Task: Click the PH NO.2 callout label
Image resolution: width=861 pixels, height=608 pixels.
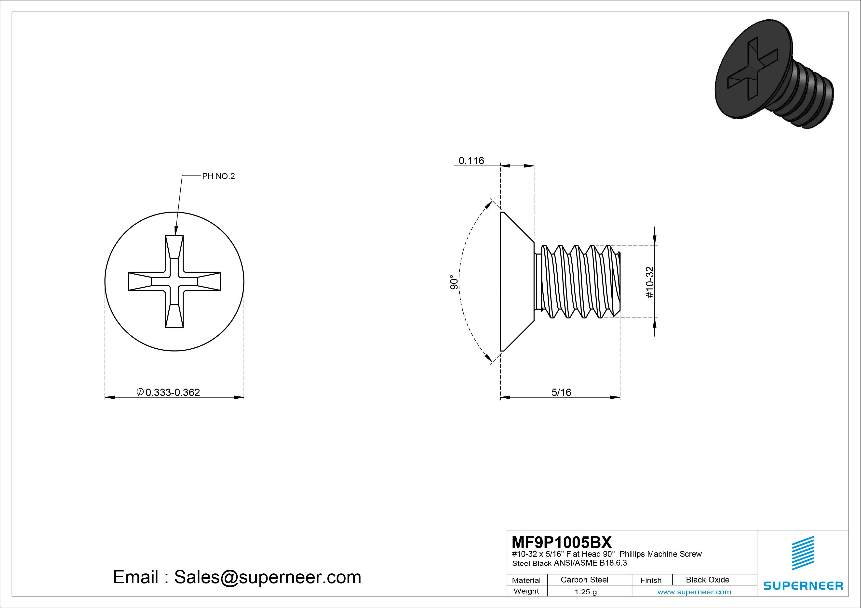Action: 218,176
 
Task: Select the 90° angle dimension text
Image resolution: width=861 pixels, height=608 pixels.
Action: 454,282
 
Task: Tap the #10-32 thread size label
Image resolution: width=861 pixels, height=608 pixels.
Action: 650,282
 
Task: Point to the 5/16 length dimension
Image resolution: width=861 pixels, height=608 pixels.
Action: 561,392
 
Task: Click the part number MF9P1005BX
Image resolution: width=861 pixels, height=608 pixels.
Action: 561,542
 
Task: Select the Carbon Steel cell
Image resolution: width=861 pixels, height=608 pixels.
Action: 584,580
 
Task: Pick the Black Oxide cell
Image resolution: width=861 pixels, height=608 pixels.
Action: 707,580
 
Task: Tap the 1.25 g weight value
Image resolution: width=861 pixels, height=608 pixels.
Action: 585,592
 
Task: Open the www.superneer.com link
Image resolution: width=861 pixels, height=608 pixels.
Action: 694,592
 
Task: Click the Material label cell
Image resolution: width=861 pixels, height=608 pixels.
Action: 526,580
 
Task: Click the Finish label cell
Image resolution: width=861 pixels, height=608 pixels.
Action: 651,580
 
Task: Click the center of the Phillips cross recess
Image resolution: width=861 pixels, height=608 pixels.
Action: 174,281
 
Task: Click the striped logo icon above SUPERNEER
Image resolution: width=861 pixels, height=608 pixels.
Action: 803,553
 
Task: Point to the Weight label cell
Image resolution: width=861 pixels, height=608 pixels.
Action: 526,591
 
